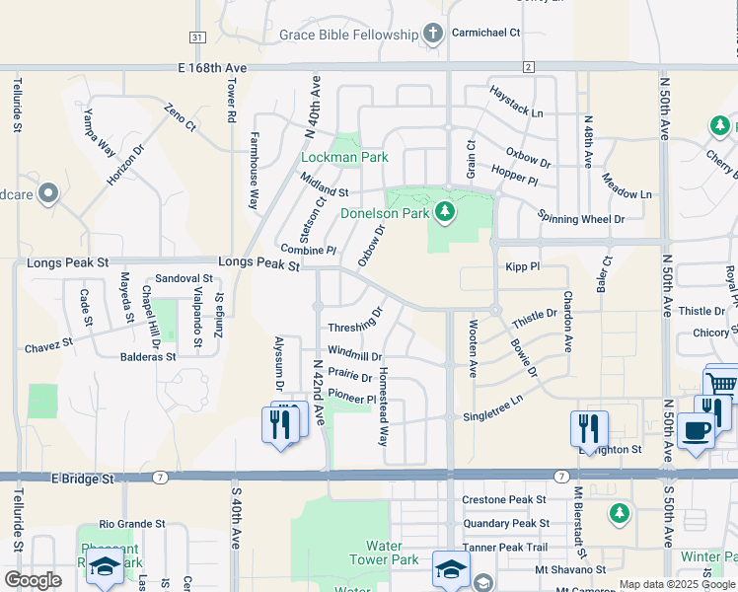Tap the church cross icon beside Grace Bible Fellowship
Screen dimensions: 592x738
click(x=432, y=35)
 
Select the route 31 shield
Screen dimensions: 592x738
click(x=197, y=37)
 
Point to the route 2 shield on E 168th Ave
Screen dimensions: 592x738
click(x=529, y=66)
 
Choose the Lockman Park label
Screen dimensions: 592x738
click(x=344, y=157)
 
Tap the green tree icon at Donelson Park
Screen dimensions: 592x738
click(x=445, y=211)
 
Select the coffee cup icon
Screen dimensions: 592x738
click(x=697, y=430)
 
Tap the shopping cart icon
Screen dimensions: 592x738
click(x=722, y=383)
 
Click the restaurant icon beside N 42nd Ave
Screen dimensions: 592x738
click(x=282, y=424)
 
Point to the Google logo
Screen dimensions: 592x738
click(x=34, y=580)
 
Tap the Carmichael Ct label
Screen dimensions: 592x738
click(x=485, y=33)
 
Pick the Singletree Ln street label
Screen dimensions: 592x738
click(x=492, y=407)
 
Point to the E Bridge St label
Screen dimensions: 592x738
click(x=82, y=479)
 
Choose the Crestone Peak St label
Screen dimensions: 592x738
click(x=504, y=500)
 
